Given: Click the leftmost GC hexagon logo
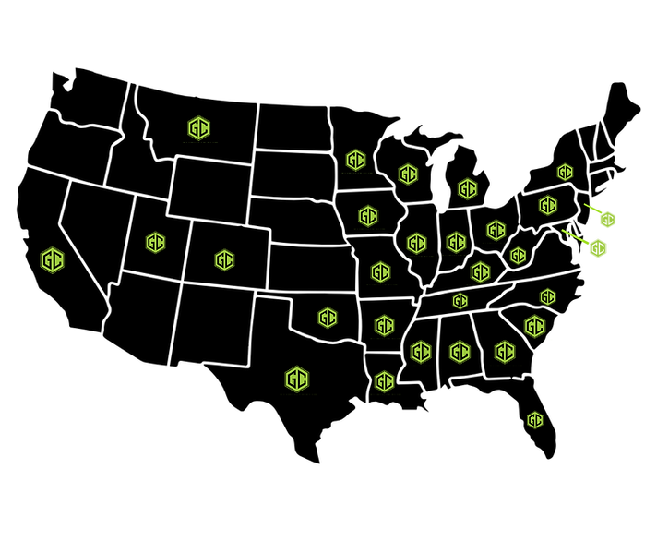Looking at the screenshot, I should pyautogui.click(x=53, y=260).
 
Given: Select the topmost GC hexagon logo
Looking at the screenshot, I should pyautogui.click(x=198, y=128).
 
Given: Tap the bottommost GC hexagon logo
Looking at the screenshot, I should pyautogui.click(x=535, y=420).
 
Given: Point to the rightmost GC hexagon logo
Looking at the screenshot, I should pyautogui.click(x=565, y=173).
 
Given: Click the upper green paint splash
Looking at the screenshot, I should pyautogui.click(x=604, y=218).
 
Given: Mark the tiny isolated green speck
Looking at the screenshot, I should pyautogui.click(x=551, y=340).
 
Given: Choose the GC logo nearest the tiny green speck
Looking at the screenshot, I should pyautogui.click(x=535, y=327).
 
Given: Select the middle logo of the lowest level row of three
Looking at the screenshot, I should pyautogui.click(x=460, y=352).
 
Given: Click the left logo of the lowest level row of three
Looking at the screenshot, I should pyautogui.click(x=421, y=352).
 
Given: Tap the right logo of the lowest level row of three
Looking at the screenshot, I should pyautogui.click(x=504, y=352).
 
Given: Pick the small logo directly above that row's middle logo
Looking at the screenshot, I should pyautogui.click(x=460, y=301).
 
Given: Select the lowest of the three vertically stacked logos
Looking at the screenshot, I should pyautogui.click(x=385, y=381).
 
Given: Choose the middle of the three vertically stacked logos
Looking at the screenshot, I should pyautogui.click(x=385, y=326).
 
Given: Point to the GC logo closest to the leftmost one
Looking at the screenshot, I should pyautogui.click(x=155, y=243).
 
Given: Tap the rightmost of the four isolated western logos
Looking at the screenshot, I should pyautogui.click(x=224, y=260).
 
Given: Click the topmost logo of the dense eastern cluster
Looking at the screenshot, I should pyautogui.click(x=356, y=161).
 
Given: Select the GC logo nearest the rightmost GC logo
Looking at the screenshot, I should pyautogui.click(x=548, y=205).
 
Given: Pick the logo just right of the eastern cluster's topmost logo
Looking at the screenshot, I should pyautogui.click(x=408, y=174).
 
